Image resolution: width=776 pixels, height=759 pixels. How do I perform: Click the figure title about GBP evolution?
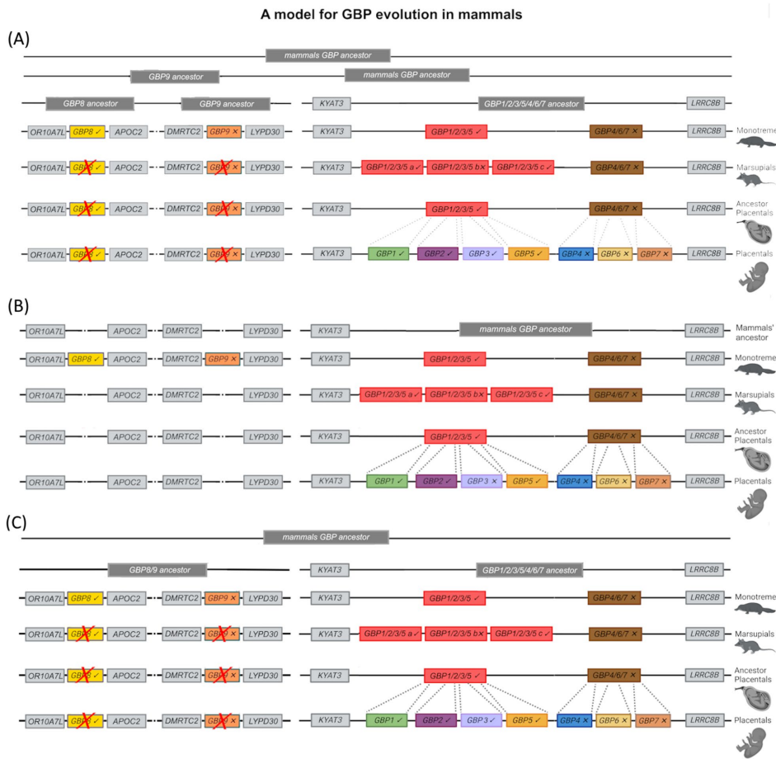[387, 13]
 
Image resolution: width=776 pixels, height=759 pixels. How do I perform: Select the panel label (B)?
[17, 306]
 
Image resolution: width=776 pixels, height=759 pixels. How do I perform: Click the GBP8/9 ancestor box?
[157, 569]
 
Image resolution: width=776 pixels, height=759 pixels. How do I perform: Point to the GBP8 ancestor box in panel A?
[90, 104]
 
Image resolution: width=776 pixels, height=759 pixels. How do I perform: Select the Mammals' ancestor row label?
[754, 332]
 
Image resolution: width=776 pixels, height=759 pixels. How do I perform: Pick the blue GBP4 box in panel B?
[575, 481]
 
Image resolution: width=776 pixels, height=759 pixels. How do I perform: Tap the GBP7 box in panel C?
[652, 719]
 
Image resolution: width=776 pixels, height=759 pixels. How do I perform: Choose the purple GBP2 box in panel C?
[437, 719]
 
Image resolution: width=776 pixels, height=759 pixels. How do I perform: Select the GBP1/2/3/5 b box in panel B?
[457, 395]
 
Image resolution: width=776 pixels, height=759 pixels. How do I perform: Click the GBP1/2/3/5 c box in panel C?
[522, 634]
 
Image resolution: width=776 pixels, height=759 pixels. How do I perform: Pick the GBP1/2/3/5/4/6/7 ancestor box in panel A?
[532, 104]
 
